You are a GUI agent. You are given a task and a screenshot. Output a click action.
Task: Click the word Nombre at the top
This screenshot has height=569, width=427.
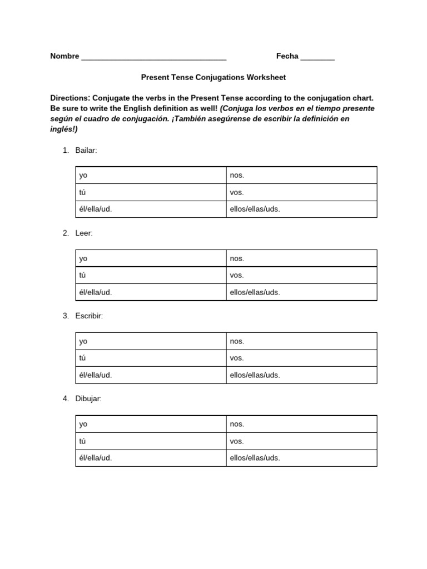click(x=64, y=56)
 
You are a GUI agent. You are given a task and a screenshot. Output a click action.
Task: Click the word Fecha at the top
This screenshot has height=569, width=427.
click(x=287, y=56)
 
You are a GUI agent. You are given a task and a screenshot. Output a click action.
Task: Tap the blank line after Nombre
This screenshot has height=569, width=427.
click(x=153, y=57)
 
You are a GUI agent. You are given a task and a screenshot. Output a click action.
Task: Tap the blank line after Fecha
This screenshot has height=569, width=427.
click(x=317, y=57)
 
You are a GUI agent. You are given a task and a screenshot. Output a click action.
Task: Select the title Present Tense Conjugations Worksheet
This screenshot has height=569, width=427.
click(x=213, y=77)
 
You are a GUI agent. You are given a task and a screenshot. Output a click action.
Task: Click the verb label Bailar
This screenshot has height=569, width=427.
click(x=86, y=151)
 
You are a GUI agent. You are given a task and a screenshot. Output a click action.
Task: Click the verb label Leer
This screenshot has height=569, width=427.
click(x=84, y=233)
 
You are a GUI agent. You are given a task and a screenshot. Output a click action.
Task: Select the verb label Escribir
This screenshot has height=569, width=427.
click(x=89, y=316)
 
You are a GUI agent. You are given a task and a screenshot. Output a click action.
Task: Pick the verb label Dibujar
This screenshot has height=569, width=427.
click(x=88, y=398)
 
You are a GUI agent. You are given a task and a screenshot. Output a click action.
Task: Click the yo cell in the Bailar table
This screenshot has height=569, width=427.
click(x=151, y=175)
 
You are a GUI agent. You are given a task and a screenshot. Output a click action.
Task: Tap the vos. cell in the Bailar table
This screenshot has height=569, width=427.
click(x=301, y=192)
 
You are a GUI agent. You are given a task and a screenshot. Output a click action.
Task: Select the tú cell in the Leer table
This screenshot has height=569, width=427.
click(x=151, y=275)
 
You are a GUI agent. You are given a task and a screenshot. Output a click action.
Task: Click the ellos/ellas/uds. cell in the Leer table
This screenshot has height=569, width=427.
click(x=301, y=292)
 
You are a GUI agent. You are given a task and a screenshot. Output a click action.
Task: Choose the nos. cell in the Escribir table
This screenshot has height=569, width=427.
click(x=301, y=341)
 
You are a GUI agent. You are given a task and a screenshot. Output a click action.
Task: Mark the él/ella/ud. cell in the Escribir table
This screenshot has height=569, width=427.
click(x=151, y=375)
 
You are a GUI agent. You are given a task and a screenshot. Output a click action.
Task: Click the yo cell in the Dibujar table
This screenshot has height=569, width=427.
click(x=151, y=424)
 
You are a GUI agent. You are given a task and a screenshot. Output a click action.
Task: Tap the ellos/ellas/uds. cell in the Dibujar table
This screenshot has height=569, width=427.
click(x=301, y=458)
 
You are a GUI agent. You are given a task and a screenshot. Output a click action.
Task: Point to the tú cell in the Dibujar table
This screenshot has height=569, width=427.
click(x=151, y=441)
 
